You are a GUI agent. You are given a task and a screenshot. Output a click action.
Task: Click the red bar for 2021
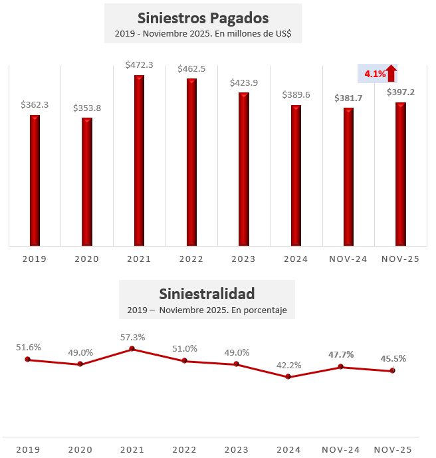(x=139, y=160)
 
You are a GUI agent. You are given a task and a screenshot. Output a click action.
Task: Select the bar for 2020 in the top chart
(x=87, y=181)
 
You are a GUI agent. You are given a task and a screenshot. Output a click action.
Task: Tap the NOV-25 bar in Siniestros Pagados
(x=401, y=173)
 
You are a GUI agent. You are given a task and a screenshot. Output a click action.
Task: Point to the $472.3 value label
(x=139, y=65)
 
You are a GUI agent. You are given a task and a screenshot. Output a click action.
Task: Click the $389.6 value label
(x=296, y=95)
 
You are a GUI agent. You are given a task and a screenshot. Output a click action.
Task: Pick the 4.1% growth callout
(x=375, y=74)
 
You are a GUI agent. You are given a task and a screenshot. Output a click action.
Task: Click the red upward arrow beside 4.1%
(x=391, y=73)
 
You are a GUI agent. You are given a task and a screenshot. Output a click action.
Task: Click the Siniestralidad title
(x=207, y=293)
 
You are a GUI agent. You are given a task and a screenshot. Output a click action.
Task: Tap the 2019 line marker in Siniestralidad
(x=28, y=360)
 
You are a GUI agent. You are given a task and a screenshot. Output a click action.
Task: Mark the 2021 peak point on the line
(x=132, y=348)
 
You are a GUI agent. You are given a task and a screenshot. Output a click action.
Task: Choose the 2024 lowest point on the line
(x=288, y=377)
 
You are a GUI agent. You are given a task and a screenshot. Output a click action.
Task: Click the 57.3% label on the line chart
(x=132, y=337)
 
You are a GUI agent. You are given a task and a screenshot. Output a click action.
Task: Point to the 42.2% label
(x=288, y=365)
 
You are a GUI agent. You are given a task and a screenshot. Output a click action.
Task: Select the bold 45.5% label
(x=393, y=358)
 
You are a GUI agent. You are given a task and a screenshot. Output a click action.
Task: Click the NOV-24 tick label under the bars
(x=348, y=259)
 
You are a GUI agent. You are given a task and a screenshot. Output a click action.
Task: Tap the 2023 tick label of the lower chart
(x=237, y=450)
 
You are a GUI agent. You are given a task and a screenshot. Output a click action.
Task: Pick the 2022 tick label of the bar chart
(x=191, y=259)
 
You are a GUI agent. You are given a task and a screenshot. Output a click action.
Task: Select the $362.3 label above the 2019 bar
(x=35, y=105)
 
